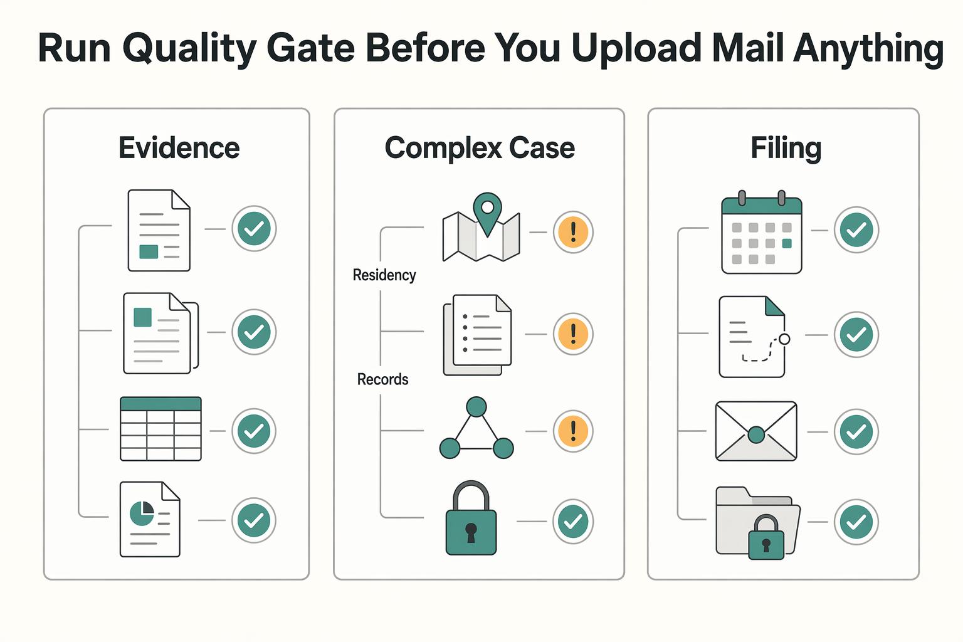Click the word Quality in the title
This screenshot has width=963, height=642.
click(189, 49)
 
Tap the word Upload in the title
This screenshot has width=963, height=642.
click(636, 49)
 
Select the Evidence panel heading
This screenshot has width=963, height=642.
click(179, 148)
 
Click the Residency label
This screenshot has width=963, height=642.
click(384, 275)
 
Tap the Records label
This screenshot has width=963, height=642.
click(382, 379)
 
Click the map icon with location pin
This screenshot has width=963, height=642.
click(481, 226)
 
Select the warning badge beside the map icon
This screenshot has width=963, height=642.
click(573, 232)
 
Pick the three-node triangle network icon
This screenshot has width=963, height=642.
click(476, 428)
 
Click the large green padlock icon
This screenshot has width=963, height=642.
click(471, 518)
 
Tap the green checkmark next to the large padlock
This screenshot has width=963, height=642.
click(573, 522)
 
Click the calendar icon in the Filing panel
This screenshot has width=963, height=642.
click(761, 232)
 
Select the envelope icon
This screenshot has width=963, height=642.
click(756, 431)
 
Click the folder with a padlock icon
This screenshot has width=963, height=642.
click(758, 523)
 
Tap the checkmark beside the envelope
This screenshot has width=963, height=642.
click(856, 432)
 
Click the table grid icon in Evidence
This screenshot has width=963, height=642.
click(160, 429)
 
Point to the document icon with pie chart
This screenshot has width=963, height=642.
click(150, 520)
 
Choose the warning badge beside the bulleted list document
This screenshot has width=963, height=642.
click(573, 334)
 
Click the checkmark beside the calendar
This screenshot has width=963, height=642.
click(856, 230)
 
